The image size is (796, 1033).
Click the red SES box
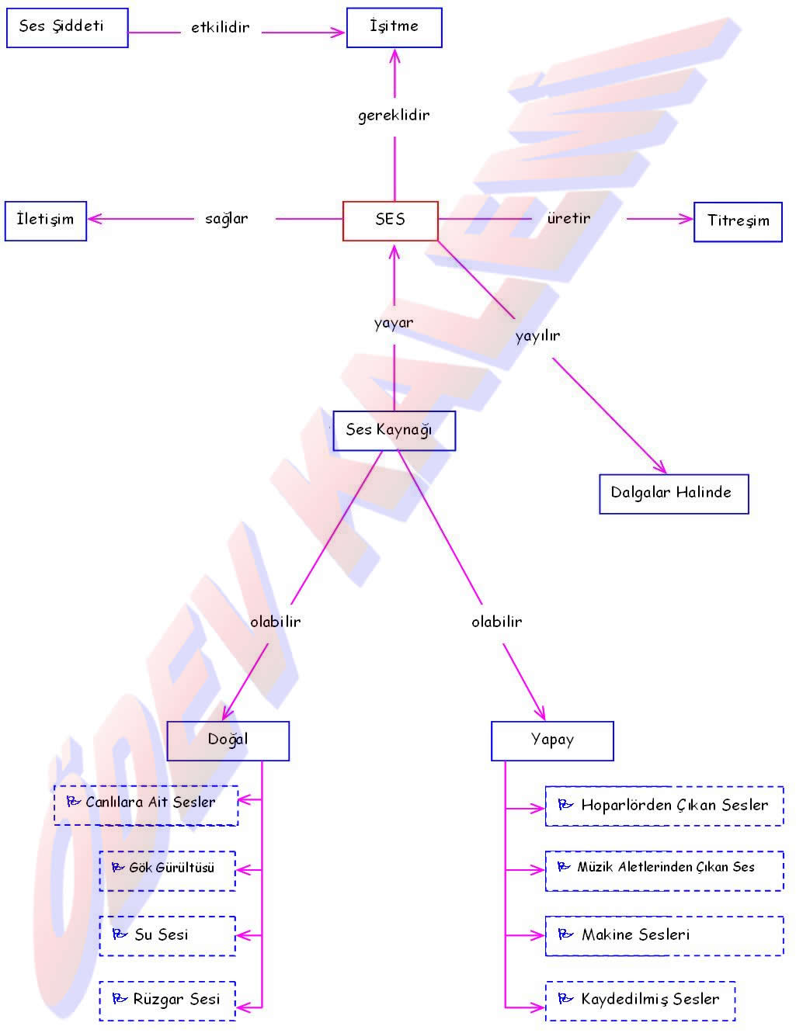pos(390,220)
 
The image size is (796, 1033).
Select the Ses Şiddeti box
pos(67,28)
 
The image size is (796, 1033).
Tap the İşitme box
pos(394,28)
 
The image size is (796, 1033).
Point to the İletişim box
pos(45,220)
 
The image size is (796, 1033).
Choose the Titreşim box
pos(738,221)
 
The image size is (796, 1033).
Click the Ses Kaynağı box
pos(394,431)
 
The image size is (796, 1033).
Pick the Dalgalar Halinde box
pos(673,494)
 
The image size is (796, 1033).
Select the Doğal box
pos(228,740)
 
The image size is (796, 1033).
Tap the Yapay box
pos(552,740)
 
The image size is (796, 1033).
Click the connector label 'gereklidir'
pos(394,116)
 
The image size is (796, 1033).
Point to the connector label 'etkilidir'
pos(221,28)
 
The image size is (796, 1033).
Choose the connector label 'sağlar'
pos(227,219)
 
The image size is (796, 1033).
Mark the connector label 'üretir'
pos(568,219)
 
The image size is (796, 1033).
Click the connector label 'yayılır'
pos(537,336)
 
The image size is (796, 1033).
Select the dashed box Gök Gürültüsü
pos(167,870)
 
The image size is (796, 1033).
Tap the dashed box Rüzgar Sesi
pos(167,1000)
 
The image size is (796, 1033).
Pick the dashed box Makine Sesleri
pos(664,935)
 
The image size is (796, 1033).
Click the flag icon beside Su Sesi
pos(120,934)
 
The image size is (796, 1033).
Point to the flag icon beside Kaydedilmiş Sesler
pos(565,999)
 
